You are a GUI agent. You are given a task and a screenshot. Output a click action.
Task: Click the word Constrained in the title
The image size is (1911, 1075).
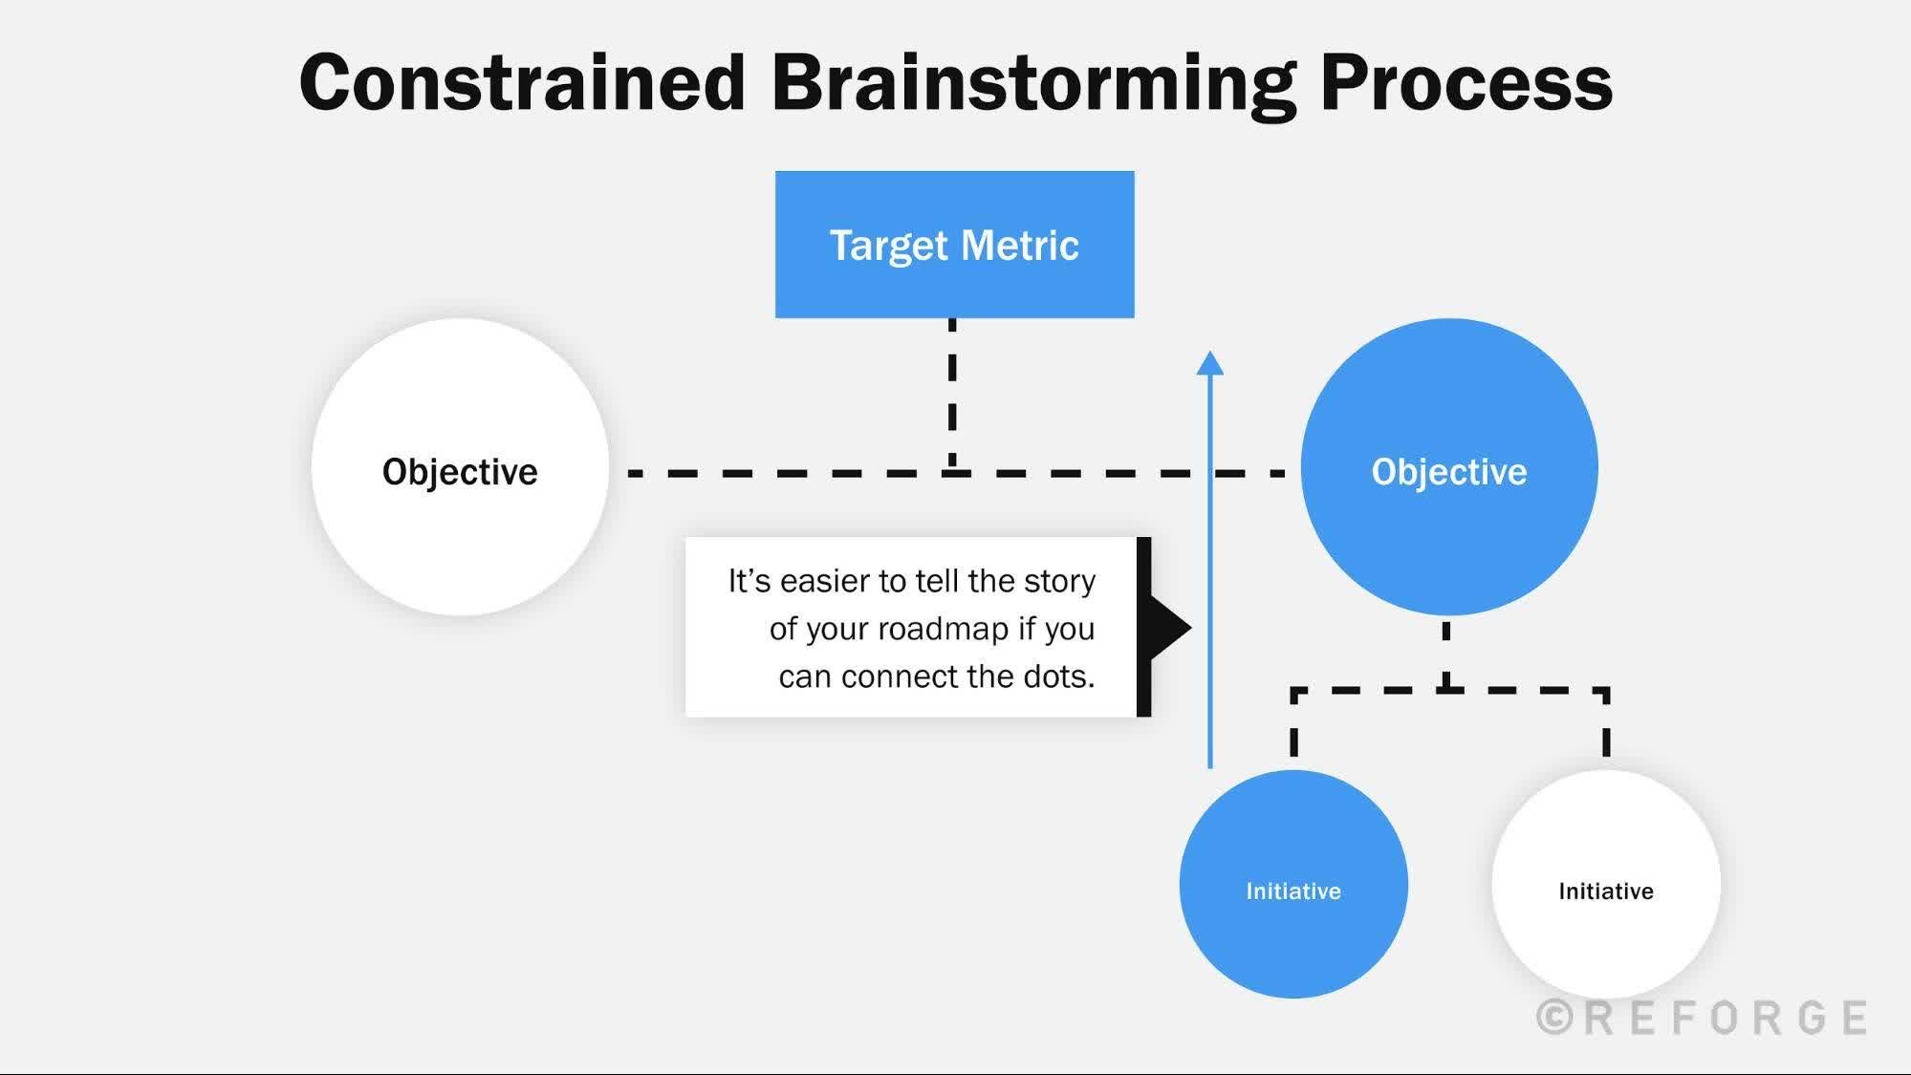click(x=522, y=83)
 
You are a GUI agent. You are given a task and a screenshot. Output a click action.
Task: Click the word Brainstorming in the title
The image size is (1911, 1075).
click(x=1033, y=83)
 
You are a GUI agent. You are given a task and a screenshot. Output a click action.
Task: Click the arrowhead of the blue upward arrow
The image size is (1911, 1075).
click(x=1210, y=363)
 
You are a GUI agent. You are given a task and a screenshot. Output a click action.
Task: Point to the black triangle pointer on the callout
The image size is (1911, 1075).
click(x=1168, y=627)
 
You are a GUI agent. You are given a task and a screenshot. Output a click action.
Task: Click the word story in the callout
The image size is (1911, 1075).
click(x=1059, y=581)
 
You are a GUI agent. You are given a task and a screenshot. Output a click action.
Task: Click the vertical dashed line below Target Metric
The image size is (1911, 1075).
click(x=952, y=392)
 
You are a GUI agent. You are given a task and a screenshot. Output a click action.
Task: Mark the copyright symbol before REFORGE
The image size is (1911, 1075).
click(x=1554, y=1018)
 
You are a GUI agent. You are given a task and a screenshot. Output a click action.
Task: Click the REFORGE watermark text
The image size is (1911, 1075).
click(x=1726, y=1018)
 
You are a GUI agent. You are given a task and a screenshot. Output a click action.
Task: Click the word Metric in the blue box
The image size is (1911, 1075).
click(x=1019, y=246)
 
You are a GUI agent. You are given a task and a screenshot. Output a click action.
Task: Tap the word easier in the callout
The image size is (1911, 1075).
click(x=824, y=581)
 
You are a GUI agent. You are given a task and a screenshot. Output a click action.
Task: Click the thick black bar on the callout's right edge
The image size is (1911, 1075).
click(x=1143, y=627)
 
